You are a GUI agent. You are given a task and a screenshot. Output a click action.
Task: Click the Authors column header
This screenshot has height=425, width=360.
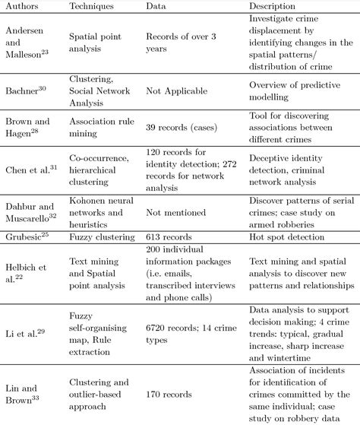(22, 5)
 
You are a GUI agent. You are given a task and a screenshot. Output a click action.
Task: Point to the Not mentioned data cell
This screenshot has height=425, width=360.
(174, 215)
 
